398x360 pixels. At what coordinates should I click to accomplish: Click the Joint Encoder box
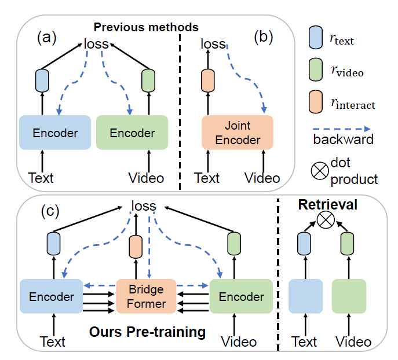pos(237,133)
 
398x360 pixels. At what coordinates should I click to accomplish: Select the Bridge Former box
pos(146,296)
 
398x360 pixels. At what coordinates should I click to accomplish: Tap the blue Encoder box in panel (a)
pos(55,133)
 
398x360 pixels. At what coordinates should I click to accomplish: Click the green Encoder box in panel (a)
pos(132,133)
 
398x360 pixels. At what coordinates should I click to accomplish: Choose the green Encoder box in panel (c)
pos(240,297)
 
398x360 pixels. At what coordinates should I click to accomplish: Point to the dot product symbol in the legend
pos(320,169)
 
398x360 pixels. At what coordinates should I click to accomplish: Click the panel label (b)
pos(263,38)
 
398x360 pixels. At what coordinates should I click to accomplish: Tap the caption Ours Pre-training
pos(147,332)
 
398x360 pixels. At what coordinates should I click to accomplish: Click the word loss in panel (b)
pos(213,43)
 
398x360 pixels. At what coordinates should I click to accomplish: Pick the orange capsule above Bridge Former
pos(137,247)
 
